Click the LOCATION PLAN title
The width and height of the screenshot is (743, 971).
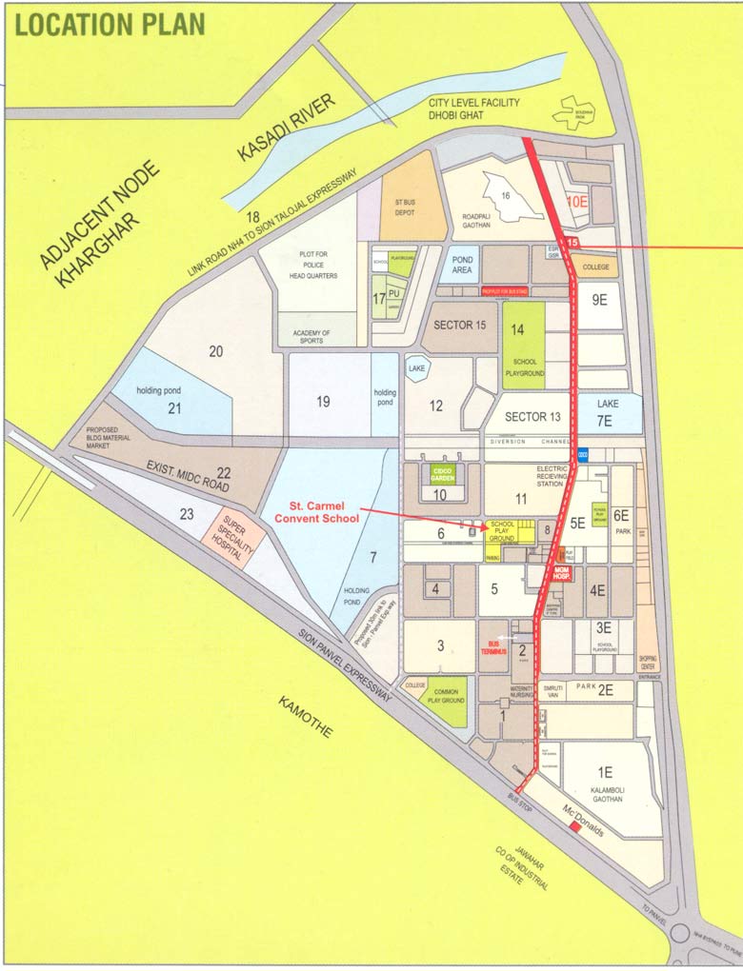tap(110, 24)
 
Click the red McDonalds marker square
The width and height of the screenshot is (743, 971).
tap(574, 828)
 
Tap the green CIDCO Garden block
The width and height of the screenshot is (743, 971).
tap(440, 473)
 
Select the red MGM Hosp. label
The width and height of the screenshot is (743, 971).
tap(562, 573)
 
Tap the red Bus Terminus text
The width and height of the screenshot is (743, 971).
tap(493, 647)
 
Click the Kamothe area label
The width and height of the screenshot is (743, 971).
tap(306, 717)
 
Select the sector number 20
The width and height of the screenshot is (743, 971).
tap(215, 351)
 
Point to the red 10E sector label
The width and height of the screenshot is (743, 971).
tap(577, 202)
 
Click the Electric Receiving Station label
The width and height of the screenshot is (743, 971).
tap(552, 476)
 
